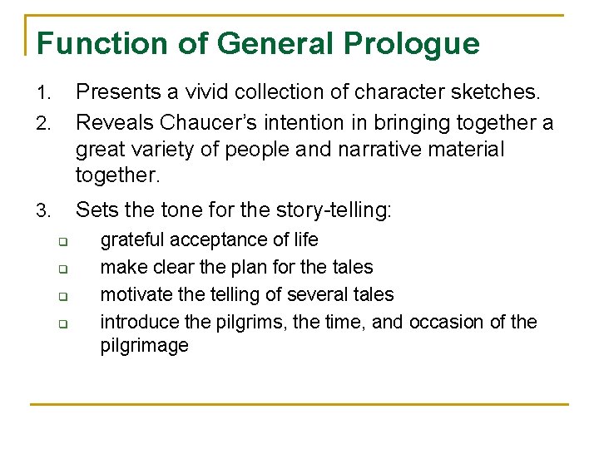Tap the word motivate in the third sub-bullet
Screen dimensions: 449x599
pos(135,294)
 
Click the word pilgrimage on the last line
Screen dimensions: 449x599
pos(144,345)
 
